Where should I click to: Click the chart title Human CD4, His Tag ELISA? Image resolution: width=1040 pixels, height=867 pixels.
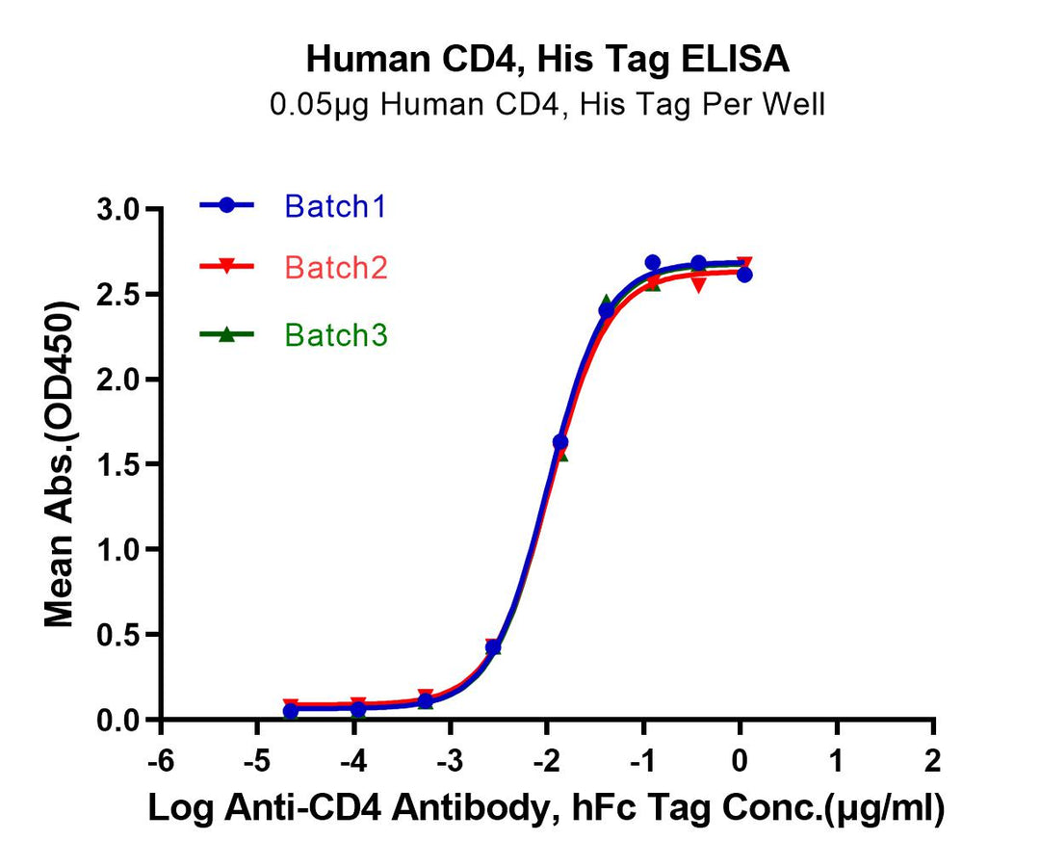548,60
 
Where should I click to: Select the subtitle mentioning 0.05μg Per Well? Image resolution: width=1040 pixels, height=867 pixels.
548,104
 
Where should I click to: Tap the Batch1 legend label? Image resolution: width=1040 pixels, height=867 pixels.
335,205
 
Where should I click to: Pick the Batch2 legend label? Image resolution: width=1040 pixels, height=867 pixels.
336,268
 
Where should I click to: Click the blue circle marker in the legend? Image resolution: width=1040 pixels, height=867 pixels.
227,205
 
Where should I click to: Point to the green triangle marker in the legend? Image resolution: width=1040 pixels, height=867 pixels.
227,334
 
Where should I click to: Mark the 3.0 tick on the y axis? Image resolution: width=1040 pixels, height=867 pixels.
122,210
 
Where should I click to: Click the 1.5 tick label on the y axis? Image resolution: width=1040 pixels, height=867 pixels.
122,465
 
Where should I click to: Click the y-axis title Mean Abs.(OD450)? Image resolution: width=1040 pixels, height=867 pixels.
60,464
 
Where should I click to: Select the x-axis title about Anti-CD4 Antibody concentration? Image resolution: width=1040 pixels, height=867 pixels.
546,809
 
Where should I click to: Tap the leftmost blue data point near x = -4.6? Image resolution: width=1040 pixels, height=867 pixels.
291,711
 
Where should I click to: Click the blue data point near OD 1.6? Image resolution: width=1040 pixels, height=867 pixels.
560,442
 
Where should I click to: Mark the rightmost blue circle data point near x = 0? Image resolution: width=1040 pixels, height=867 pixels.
744,275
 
